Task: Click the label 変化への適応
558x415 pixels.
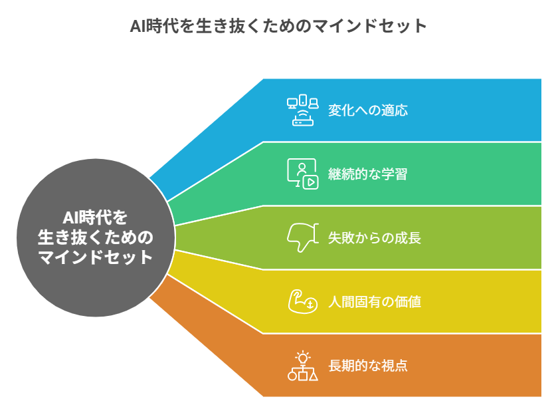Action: (x=367, y=110)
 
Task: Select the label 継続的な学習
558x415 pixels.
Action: (x=367, y=174)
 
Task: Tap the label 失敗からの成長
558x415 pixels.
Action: (x=374, y=238)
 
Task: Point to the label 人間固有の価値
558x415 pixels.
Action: (x=374, y=302)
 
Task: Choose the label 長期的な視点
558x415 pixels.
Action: (x=367, y=366)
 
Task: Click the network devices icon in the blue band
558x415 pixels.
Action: (x=303, y=110)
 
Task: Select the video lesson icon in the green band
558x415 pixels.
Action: (x=303, y=174)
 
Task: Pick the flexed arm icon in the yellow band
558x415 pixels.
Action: (x=303, y=301)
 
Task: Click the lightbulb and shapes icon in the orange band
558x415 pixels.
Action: (x=303, y=366)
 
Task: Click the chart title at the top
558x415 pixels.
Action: (x=278, y=26)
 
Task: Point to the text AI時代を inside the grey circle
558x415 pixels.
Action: (x=95, y=217)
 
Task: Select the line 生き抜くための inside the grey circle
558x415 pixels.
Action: (x=95, y=237)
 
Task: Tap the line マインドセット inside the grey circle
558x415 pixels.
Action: (x=95, y=257)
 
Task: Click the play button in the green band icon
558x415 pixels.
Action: (x=310, y=182)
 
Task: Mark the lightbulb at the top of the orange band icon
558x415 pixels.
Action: (x=303, y=356)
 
